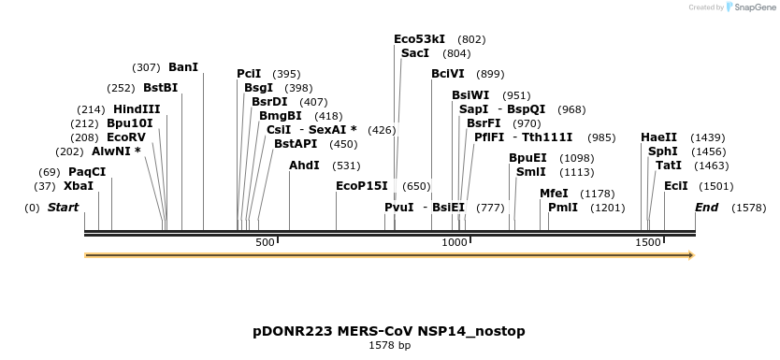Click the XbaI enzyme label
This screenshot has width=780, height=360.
(79, 186)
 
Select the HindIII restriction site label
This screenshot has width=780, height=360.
(137, 109)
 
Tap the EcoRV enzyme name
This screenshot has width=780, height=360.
(126, 137)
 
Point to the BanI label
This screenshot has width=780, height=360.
(183, 67)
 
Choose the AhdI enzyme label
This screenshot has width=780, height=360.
(305, 166)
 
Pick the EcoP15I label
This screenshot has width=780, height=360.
(362, 186)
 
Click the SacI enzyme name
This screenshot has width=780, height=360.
(415, 52)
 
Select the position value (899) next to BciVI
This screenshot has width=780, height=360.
(490, 74)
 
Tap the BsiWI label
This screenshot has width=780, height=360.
(470, 95)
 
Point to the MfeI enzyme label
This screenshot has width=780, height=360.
(555, 194)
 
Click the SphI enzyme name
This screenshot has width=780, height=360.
(662, 151)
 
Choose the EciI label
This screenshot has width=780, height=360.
(676, 186)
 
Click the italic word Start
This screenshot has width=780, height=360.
(64, 208)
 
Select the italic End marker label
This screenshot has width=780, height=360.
(707, 208)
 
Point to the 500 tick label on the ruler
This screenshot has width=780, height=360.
(265, 242)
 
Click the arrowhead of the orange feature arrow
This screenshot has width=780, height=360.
(691, 255)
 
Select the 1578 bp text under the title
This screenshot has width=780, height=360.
(389, 345)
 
